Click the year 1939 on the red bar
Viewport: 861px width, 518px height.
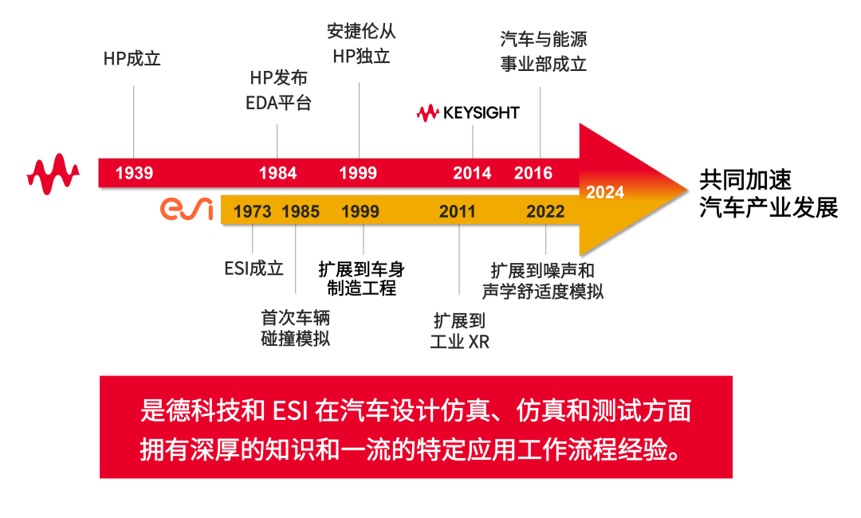click(134, 174)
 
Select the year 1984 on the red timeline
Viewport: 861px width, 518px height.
click(278, 174)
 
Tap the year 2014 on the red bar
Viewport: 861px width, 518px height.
click(472, 174)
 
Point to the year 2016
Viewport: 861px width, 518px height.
click(533, 174)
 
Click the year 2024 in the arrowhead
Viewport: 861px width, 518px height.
click(605, 192)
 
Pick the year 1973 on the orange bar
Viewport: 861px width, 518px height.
click(252, 212)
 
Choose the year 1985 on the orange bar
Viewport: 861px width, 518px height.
click(301, 212)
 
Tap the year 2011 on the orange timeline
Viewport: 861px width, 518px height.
click(458, 212)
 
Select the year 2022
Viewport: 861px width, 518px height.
click(545, 212)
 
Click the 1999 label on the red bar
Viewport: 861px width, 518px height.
click(358, 174)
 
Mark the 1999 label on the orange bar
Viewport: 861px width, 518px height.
click(360, 212)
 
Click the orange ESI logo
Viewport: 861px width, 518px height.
click(187, 209)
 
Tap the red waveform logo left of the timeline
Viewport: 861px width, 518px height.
click(53, 174)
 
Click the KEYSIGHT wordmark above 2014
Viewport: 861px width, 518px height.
click(468, 113)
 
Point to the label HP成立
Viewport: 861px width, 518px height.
click(132, 59)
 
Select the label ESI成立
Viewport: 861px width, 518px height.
click(254, 269)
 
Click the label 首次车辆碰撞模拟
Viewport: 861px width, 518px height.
click(296, 328)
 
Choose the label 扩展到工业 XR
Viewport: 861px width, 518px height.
click(460, 331)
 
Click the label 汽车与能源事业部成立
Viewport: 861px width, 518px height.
click(544, 52)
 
